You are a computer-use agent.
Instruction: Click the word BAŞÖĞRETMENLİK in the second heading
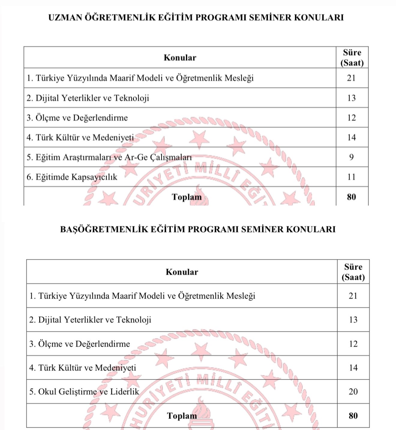(104, 229)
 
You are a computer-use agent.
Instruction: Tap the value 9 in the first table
(351, 157)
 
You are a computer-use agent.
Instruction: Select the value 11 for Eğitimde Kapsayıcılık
(351, 177)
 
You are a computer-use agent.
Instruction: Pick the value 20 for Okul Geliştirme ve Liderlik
(353, 392)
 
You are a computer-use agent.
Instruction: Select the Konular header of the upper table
(180, 57)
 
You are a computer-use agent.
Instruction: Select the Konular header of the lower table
(182, 272)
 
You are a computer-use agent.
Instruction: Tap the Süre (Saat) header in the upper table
(352, 57)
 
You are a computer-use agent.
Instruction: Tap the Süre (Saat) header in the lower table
(353, 272)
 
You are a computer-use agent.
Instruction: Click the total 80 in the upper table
(351, 197)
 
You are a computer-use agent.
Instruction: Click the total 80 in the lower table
(353, 416)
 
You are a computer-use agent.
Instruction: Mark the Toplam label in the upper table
(187, 197)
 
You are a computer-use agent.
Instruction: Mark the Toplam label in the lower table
(182, 416)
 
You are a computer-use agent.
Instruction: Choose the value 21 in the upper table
(351, 78)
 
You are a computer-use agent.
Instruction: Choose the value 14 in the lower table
(353, 368)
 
